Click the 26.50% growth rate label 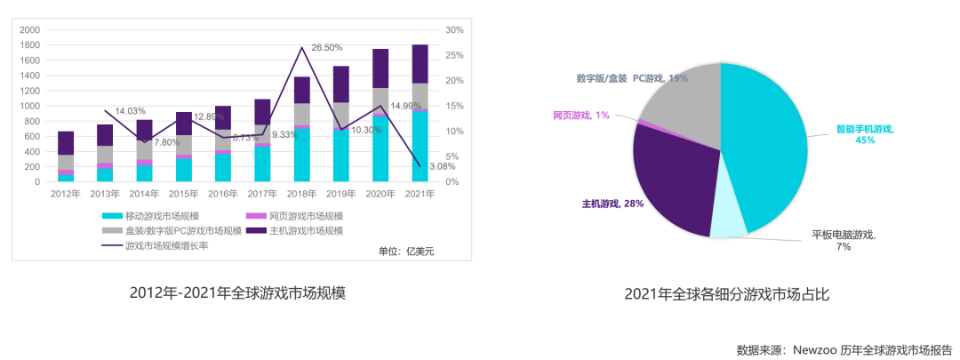pyautogui.click(x=327, y=47)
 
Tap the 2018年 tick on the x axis pyautogui.click(x=302, y=193)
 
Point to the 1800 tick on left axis pyautogui.click(x=29, y=45)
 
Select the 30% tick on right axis pyautogui.click(x=455, y=30)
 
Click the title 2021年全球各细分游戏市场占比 pyautogui.click(x=726, y=294)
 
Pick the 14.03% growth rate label pyautogui.click(x=131, y=111)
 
